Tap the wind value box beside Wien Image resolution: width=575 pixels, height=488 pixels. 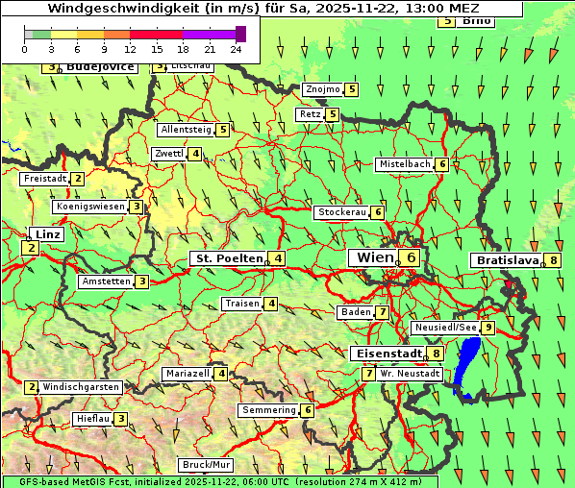pyautogui.click(x=411, y=257)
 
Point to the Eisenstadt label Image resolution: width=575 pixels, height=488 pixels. pyautogui.click(x=387, y=354)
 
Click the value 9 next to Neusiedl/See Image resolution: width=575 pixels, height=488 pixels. pyautogui.click(x=488, y=328)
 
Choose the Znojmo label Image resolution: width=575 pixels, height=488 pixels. pyautogui.click(x=322, y=89)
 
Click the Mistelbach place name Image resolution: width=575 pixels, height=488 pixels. pyautogui.click(x=405, y=164)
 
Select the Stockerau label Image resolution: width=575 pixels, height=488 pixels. pyautogui.click(x=341, y=212)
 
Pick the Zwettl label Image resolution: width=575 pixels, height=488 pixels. pyautogui.click(x=168, y=154)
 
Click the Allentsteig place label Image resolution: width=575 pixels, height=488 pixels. pyautogui.click(x=187, y=130)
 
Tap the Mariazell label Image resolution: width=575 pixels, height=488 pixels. pyautogui.click(x=187, y=373)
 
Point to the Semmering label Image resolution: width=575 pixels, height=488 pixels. pyautogui.click(x=269, y=410)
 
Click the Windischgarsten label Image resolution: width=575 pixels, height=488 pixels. pyautogui.click(x=81, y=387)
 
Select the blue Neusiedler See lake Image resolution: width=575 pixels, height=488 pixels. pyautogui.click(x=468, y=365)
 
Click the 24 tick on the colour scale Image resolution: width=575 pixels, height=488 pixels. pyautogui.click(x=236, y=48)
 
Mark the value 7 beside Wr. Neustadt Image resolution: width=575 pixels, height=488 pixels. pyautogui.click(x=368, y=373)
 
